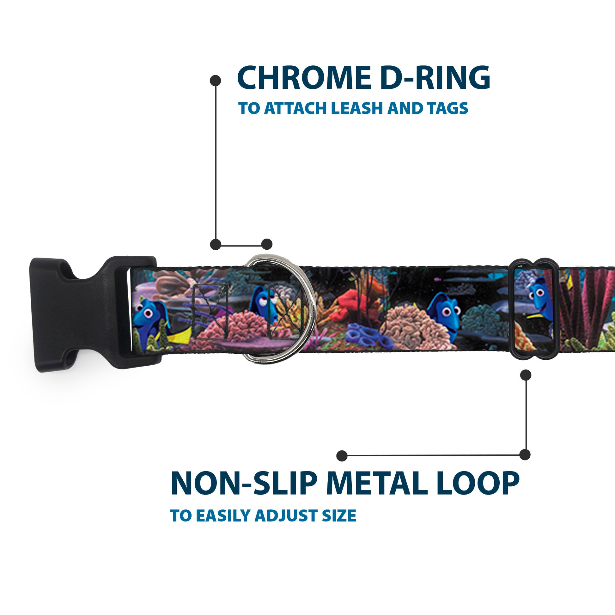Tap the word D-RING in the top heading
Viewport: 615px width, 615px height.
[435, 78]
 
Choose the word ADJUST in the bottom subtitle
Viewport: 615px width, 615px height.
[285, 516]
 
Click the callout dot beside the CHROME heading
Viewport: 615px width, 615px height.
[216, 81]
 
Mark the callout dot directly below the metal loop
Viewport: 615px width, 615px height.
[526, 375]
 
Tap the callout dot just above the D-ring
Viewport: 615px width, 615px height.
[267, 244]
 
